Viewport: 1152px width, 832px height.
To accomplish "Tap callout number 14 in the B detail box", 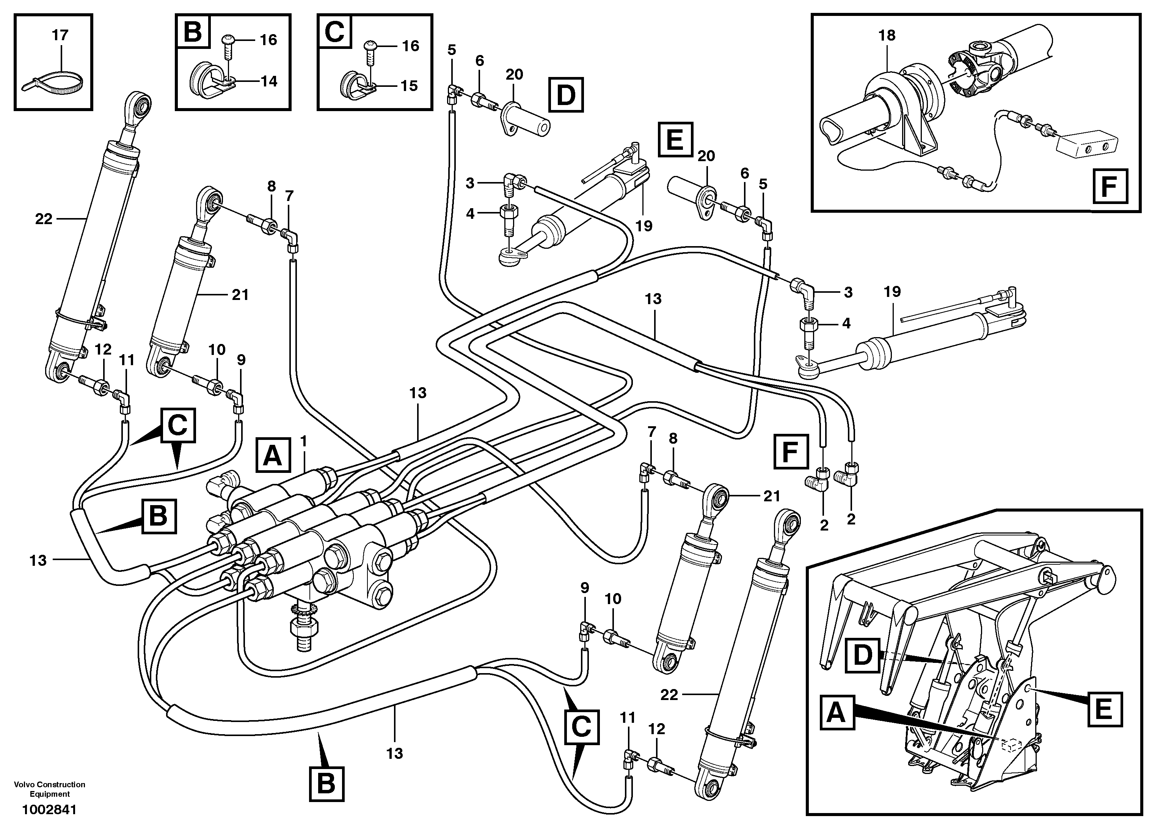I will pos(269,81).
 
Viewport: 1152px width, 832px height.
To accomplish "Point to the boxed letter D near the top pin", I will pos(566,95).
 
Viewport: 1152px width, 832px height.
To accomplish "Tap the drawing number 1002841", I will pos(49,810).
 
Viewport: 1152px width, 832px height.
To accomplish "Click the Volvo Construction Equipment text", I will pos(50,789).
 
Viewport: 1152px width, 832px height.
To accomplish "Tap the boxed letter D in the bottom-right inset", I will pos(862,655).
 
